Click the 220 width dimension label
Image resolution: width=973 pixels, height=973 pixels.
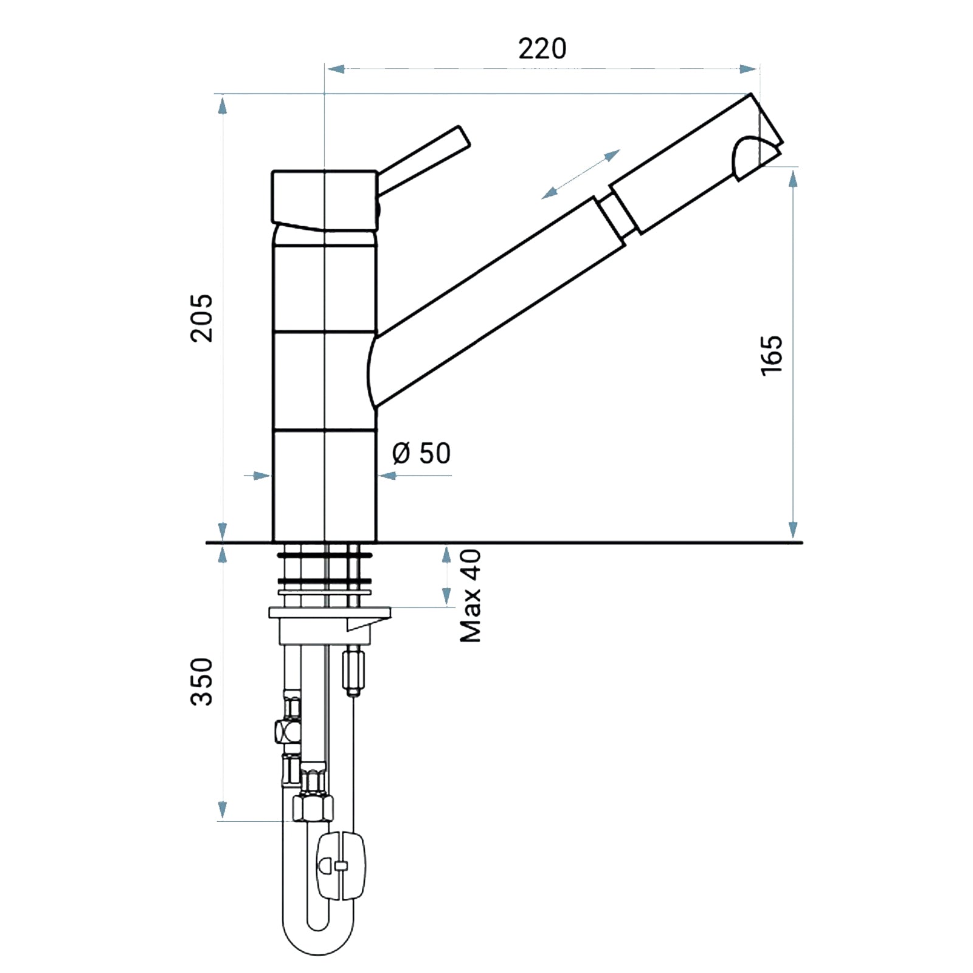(x=542, y=49)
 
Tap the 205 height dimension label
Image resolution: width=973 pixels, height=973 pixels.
(x=203, y=318)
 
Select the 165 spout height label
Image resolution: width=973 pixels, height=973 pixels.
(x=772, y=355)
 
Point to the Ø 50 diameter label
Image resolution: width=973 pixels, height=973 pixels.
(x=421, y=453)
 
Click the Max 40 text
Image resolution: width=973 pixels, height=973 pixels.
(x=471, y=596)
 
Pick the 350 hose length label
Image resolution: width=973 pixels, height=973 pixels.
(x=203, y=681)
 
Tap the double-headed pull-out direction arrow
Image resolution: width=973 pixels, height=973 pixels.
(x=581, y=174)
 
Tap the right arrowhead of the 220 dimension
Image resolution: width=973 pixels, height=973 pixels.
(x=749, y=69)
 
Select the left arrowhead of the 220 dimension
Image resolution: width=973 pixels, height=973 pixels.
(x=336, y=69)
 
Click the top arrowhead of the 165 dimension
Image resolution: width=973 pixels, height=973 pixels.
(x=793, y=179)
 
